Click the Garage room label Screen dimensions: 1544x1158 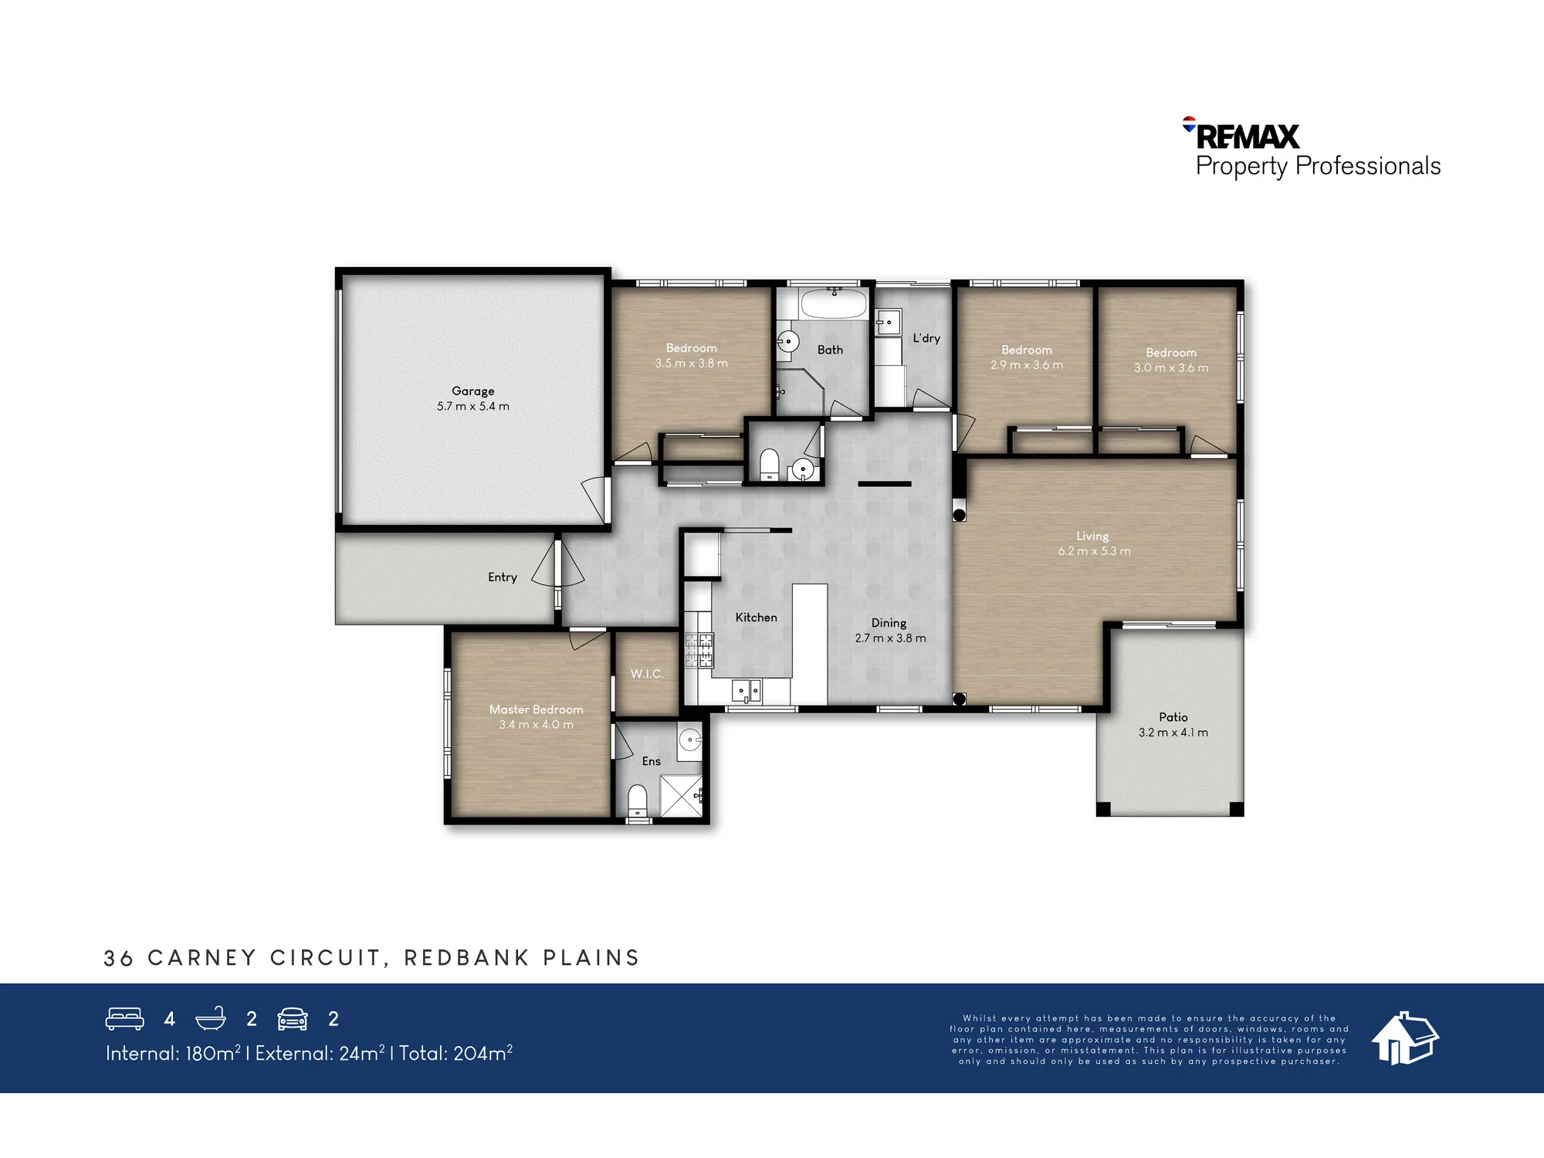pos(472,391)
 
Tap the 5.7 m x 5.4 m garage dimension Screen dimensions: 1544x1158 pos(472,406)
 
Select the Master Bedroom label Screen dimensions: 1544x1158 pos(536,709)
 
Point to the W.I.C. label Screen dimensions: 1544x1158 pos(646,674)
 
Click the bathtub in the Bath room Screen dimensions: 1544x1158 pos(834,303)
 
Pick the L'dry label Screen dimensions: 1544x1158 pos(926,338)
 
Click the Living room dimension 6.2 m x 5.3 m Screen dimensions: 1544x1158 pos(1094,551)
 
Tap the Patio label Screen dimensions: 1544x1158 pos(1173,717)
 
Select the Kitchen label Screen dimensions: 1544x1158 pos(756,618)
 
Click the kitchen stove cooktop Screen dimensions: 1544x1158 pos(699,650)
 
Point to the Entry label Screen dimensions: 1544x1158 pos(503,577)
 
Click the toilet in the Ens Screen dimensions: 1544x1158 pos(637,800)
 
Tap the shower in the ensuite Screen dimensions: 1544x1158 pos(682,797)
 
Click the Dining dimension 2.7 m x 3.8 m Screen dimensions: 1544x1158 pos(890,638)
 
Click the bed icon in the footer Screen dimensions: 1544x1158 pos(124,1019)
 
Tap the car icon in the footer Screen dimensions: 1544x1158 pos(293,1019)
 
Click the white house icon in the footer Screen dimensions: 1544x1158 pos(1404,1038)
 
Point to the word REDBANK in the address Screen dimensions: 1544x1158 pos(467,958)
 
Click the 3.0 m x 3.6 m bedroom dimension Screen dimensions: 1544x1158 pos(1171,368)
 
